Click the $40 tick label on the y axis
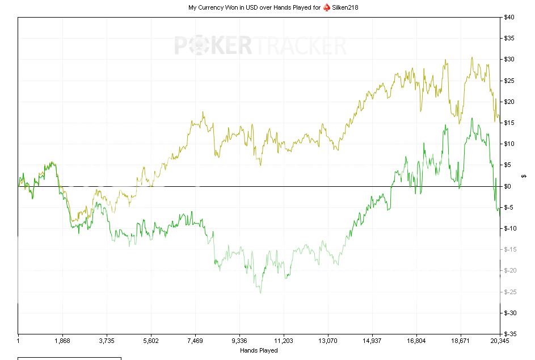coord(509,17)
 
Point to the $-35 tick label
coord(510,334)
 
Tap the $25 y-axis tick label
coord(509,81)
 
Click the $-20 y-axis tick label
coord(510,270)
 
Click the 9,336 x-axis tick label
coord(239,341)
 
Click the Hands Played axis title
coord(259,350)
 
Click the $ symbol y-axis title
coord(524,175)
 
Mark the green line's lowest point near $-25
coord(260,292)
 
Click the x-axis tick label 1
coord(19,341)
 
